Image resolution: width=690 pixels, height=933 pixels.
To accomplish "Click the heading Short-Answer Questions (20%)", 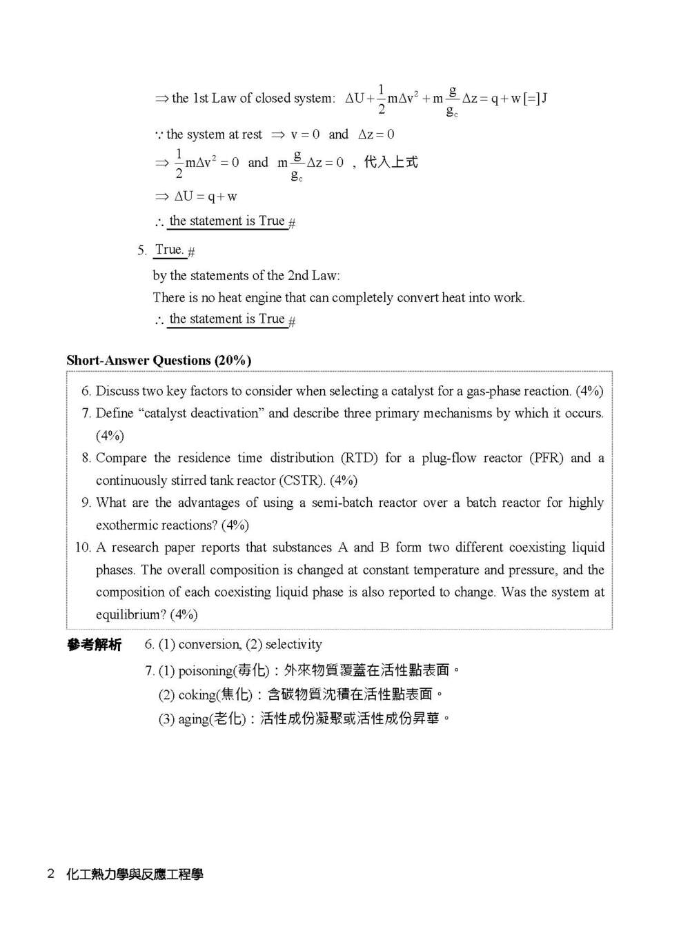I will click(159, 360).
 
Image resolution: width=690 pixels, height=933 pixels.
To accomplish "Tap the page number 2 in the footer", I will click(50, 874).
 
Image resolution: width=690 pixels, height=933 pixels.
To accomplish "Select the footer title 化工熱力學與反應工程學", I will click(135, 874).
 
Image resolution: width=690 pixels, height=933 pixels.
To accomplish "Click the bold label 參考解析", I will click(94, 645).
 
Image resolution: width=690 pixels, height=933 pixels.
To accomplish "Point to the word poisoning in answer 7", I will click(206, 671).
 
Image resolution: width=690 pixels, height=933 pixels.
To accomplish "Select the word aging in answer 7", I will click(193, 719).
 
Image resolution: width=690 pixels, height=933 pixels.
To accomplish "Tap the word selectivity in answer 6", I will click(293, 644).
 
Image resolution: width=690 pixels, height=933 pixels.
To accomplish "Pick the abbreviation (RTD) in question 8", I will click(359, 458).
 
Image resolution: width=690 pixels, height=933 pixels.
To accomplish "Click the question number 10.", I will click(82, 548).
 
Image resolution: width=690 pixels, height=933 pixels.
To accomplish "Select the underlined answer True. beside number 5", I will click(169, 250).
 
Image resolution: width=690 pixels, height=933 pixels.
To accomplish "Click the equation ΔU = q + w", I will click(205, 197).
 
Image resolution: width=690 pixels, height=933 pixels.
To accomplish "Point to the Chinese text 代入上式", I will click(391, 162).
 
